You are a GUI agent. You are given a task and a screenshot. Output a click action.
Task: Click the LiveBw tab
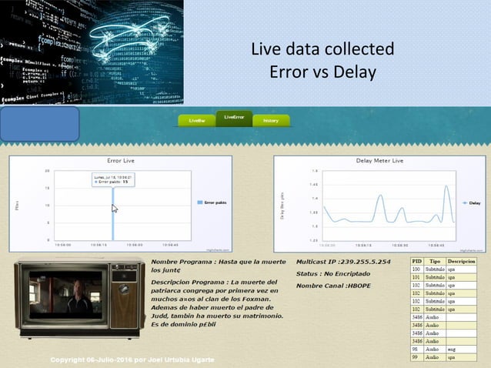tap(197, 121)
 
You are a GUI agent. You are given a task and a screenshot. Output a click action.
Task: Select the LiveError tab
tap(234, 118)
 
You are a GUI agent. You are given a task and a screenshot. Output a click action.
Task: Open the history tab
tap(271, 121)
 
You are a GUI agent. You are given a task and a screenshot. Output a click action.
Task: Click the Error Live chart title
tap(120, 161)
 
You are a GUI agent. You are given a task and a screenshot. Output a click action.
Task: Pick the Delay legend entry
tap(472, 203)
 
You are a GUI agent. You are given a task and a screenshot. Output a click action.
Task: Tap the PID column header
tap(416, 262)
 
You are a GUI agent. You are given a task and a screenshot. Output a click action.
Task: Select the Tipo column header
tap(435, 262)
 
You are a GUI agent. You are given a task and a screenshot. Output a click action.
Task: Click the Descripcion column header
tap(461, 262)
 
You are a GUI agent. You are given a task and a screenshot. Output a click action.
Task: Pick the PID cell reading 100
tap(416, 269)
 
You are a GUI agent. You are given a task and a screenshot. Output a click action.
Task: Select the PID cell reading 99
tap(416, 357)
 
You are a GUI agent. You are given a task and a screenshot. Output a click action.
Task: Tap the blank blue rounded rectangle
tap(39, 124)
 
